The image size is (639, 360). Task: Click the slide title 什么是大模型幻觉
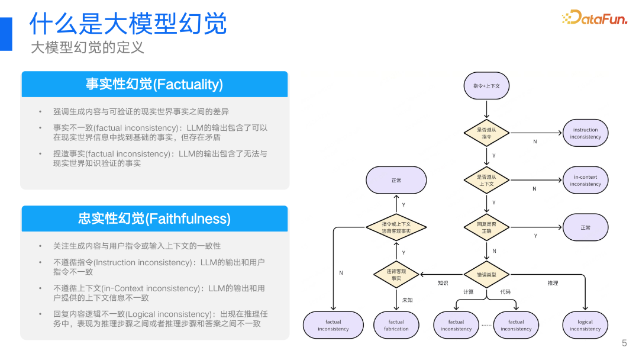(128, 24)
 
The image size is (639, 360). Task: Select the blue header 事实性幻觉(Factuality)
(154, 84)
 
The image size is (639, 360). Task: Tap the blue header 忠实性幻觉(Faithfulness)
(154, 218)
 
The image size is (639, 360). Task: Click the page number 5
(624, 343)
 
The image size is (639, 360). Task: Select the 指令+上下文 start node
(486, 86)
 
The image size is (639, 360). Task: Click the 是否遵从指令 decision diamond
(486, 133)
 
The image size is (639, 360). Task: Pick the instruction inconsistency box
(585, 133)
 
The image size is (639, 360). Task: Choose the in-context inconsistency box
(585, 181)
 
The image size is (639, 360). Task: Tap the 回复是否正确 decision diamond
(486, 227)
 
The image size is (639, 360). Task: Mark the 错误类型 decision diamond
(486, 275)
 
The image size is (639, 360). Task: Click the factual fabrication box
(396, 325)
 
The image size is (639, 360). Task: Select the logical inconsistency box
(585, 325)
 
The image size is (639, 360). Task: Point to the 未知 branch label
(408, 300)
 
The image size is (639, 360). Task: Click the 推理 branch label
(553, 283)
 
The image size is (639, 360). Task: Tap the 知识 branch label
(443, 283)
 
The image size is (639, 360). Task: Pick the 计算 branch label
(469, 292)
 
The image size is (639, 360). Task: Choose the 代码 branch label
(505, 292)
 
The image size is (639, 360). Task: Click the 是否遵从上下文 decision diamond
(486, 181)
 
